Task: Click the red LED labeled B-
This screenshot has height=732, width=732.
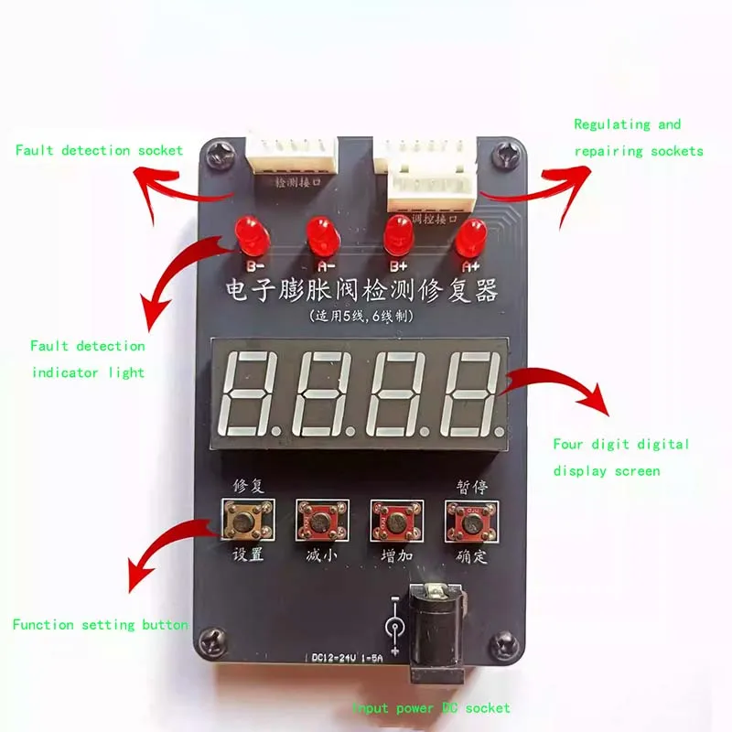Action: (x=247, y=232)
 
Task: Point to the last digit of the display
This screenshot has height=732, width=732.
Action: (x=469, y=394)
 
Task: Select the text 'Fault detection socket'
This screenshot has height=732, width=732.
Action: (x=99, y=150)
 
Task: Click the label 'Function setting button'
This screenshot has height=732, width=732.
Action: (x=100, y=625)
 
